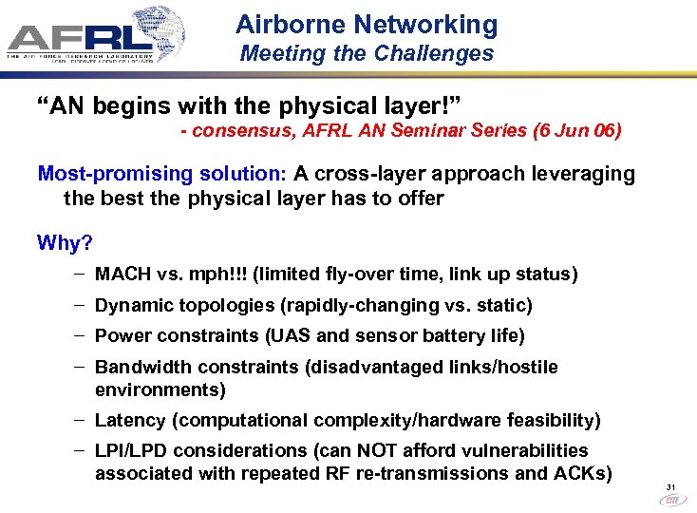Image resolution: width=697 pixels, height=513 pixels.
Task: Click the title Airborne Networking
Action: point(367,25)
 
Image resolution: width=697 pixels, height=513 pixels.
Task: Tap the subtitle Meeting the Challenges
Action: point(367,54)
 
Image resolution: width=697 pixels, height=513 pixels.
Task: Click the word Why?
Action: point(65,243)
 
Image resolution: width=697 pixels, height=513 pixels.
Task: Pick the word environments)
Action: point(160,389)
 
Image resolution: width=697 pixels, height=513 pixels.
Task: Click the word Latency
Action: point(129,420)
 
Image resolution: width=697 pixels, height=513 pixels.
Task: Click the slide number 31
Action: point(670,487)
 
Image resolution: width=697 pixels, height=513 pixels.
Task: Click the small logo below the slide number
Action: point(670,501)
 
